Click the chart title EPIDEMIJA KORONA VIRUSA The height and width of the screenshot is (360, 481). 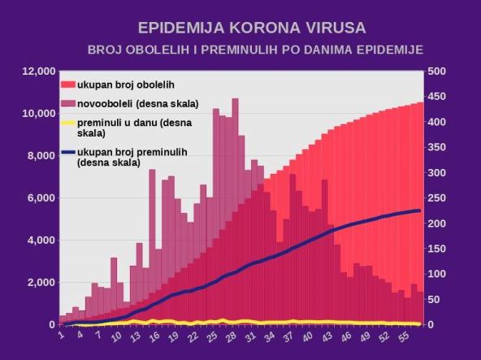(x=240, y=28)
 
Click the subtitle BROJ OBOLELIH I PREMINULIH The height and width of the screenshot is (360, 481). (x=255, y=50)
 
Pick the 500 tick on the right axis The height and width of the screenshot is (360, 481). (x=437, y=72)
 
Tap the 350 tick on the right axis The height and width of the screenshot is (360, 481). (x=437, y=147)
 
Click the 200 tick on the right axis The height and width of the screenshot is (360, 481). (x=437, y=223)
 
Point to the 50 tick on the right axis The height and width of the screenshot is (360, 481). (x=435, y=300)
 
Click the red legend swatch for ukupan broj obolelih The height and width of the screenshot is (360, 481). (x=68, y=85)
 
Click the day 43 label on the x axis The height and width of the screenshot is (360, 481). (x=327, y=336)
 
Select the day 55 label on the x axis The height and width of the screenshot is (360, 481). (x=404, y=336)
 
